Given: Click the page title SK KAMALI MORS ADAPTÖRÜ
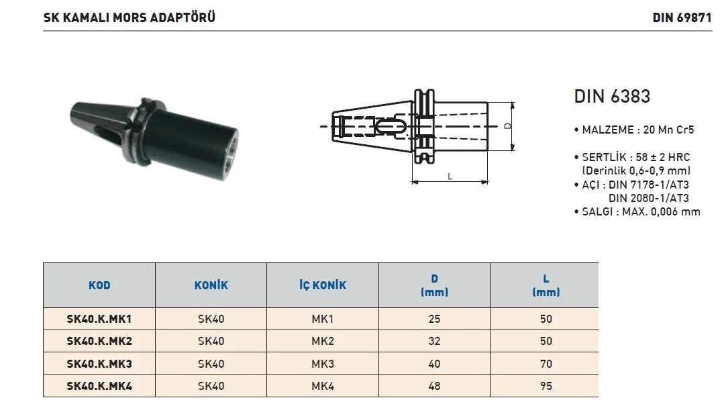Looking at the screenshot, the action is click(129, 17).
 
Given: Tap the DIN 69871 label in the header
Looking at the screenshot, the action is click(682, 18).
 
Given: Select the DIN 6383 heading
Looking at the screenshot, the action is click(612, 97).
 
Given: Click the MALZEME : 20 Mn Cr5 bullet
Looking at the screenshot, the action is click(634, 130).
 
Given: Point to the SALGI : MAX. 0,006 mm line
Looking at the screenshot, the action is click(637, 211).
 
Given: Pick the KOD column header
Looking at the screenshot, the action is click(99, 285).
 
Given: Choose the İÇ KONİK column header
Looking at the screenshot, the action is click(323, 285).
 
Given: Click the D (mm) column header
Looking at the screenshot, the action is click(434, 285).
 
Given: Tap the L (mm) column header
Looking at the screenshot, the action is click(546, 285).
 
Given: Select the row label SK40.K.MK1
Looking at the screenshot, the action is click(99, 319).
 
